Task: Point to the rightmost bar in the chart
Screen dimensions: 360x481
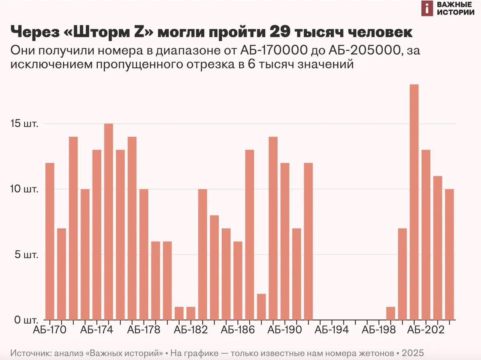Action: click(449, 255)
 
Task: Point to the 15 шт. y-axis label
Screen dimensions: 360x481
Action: click(24, 124)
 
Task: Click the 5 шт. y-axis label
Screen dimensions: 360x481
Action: click(26, 255)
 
